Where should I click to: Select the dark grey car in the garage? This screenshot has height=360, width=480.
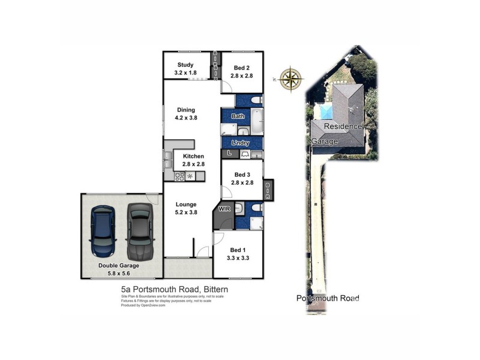click(x=140, y=230)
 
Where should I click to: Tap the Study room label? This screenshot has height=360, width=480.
click(x=185, y=65)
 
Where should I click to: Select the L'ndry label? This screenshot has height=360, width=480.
click(x=241, y=143)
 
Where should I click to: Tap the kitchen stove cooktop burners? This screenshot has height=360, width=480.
click(x=179, y=176)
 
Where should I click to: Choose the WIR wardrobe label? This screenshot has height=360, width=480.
click(x=224, y=209)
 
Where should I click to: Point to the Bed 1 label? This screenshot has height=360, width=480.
click(x=238, y=250)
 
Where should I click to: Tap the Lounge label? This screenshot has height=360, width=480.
click(x=185, y=204)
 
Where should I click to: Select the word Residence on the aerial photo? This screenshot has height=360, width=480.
click(x=343, y=127)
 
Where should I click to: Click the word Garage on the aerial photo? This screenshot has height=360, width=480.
click(x=325, y=141)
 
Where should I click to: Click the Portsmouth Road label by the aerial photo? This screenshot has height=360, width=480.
click(x=328, y=298)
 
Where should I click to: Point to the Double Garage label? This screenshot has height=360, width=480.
click(x=119, y=265)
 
